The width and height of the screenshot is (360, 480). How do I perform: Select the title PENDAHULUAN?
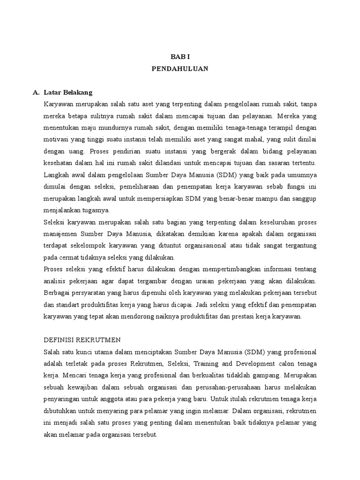click(x=180, y=68)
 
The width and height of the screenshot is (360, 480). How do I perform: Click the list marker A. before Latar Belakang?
click(x=36, y=92)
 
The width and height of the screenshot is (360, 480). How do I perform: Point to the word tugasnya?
click(x=97, y=210)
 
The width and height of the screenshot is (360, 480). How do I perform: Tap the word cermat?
click(x=68, y=257)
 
